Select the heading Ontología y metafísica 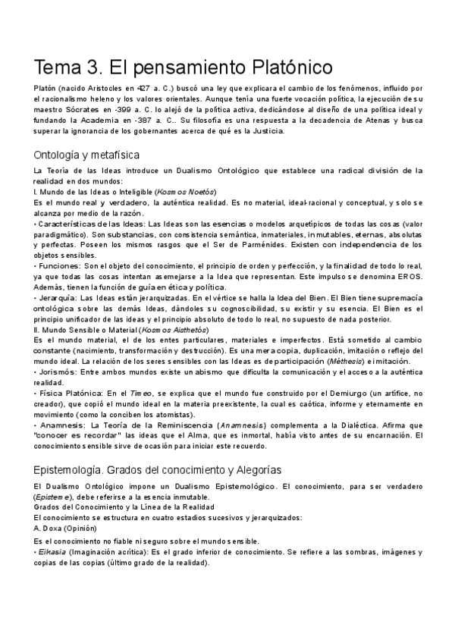point(87,155)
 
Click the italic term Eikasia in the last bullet point(52,553)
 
